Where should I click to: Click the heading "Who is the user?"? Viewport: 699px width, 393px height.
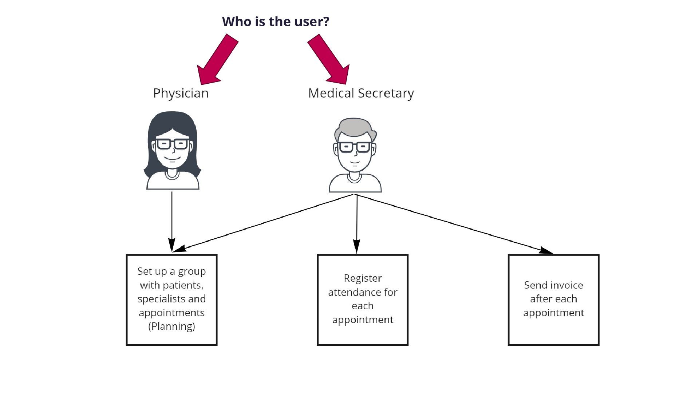point(276,21)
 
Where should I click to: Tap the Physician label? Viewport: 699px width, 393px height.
point(181,93)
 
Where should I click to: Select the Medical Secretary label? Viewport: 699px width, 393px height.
point(361,93)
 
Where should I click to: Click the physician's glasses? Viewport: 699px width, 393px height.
point(172,144)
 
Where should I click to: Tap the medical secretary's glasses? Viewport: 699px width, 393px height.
point(355,147)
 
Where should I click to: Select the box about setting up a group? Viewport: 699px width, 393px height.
point(171,299)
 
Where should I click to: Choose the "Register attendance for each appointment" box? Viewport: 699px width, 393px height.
point(363,299)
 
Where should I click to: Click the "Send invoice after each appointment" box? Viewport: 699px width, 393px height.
point(553,299)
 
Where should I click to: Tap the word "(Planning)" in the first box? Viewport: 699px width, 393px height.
point(171,326)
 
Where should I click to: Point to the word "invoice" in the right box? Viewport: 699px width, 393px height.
point(568,285)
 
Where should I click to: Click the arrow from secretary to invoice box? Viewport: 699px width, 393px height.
point(455,223)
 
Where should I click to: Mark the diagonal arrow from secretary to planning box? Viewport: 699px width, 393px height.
point(262,223)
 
